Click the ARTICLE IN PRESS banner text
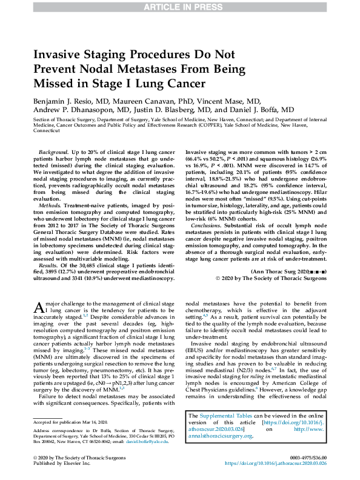pyautogui.click(x=180, y=7)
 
